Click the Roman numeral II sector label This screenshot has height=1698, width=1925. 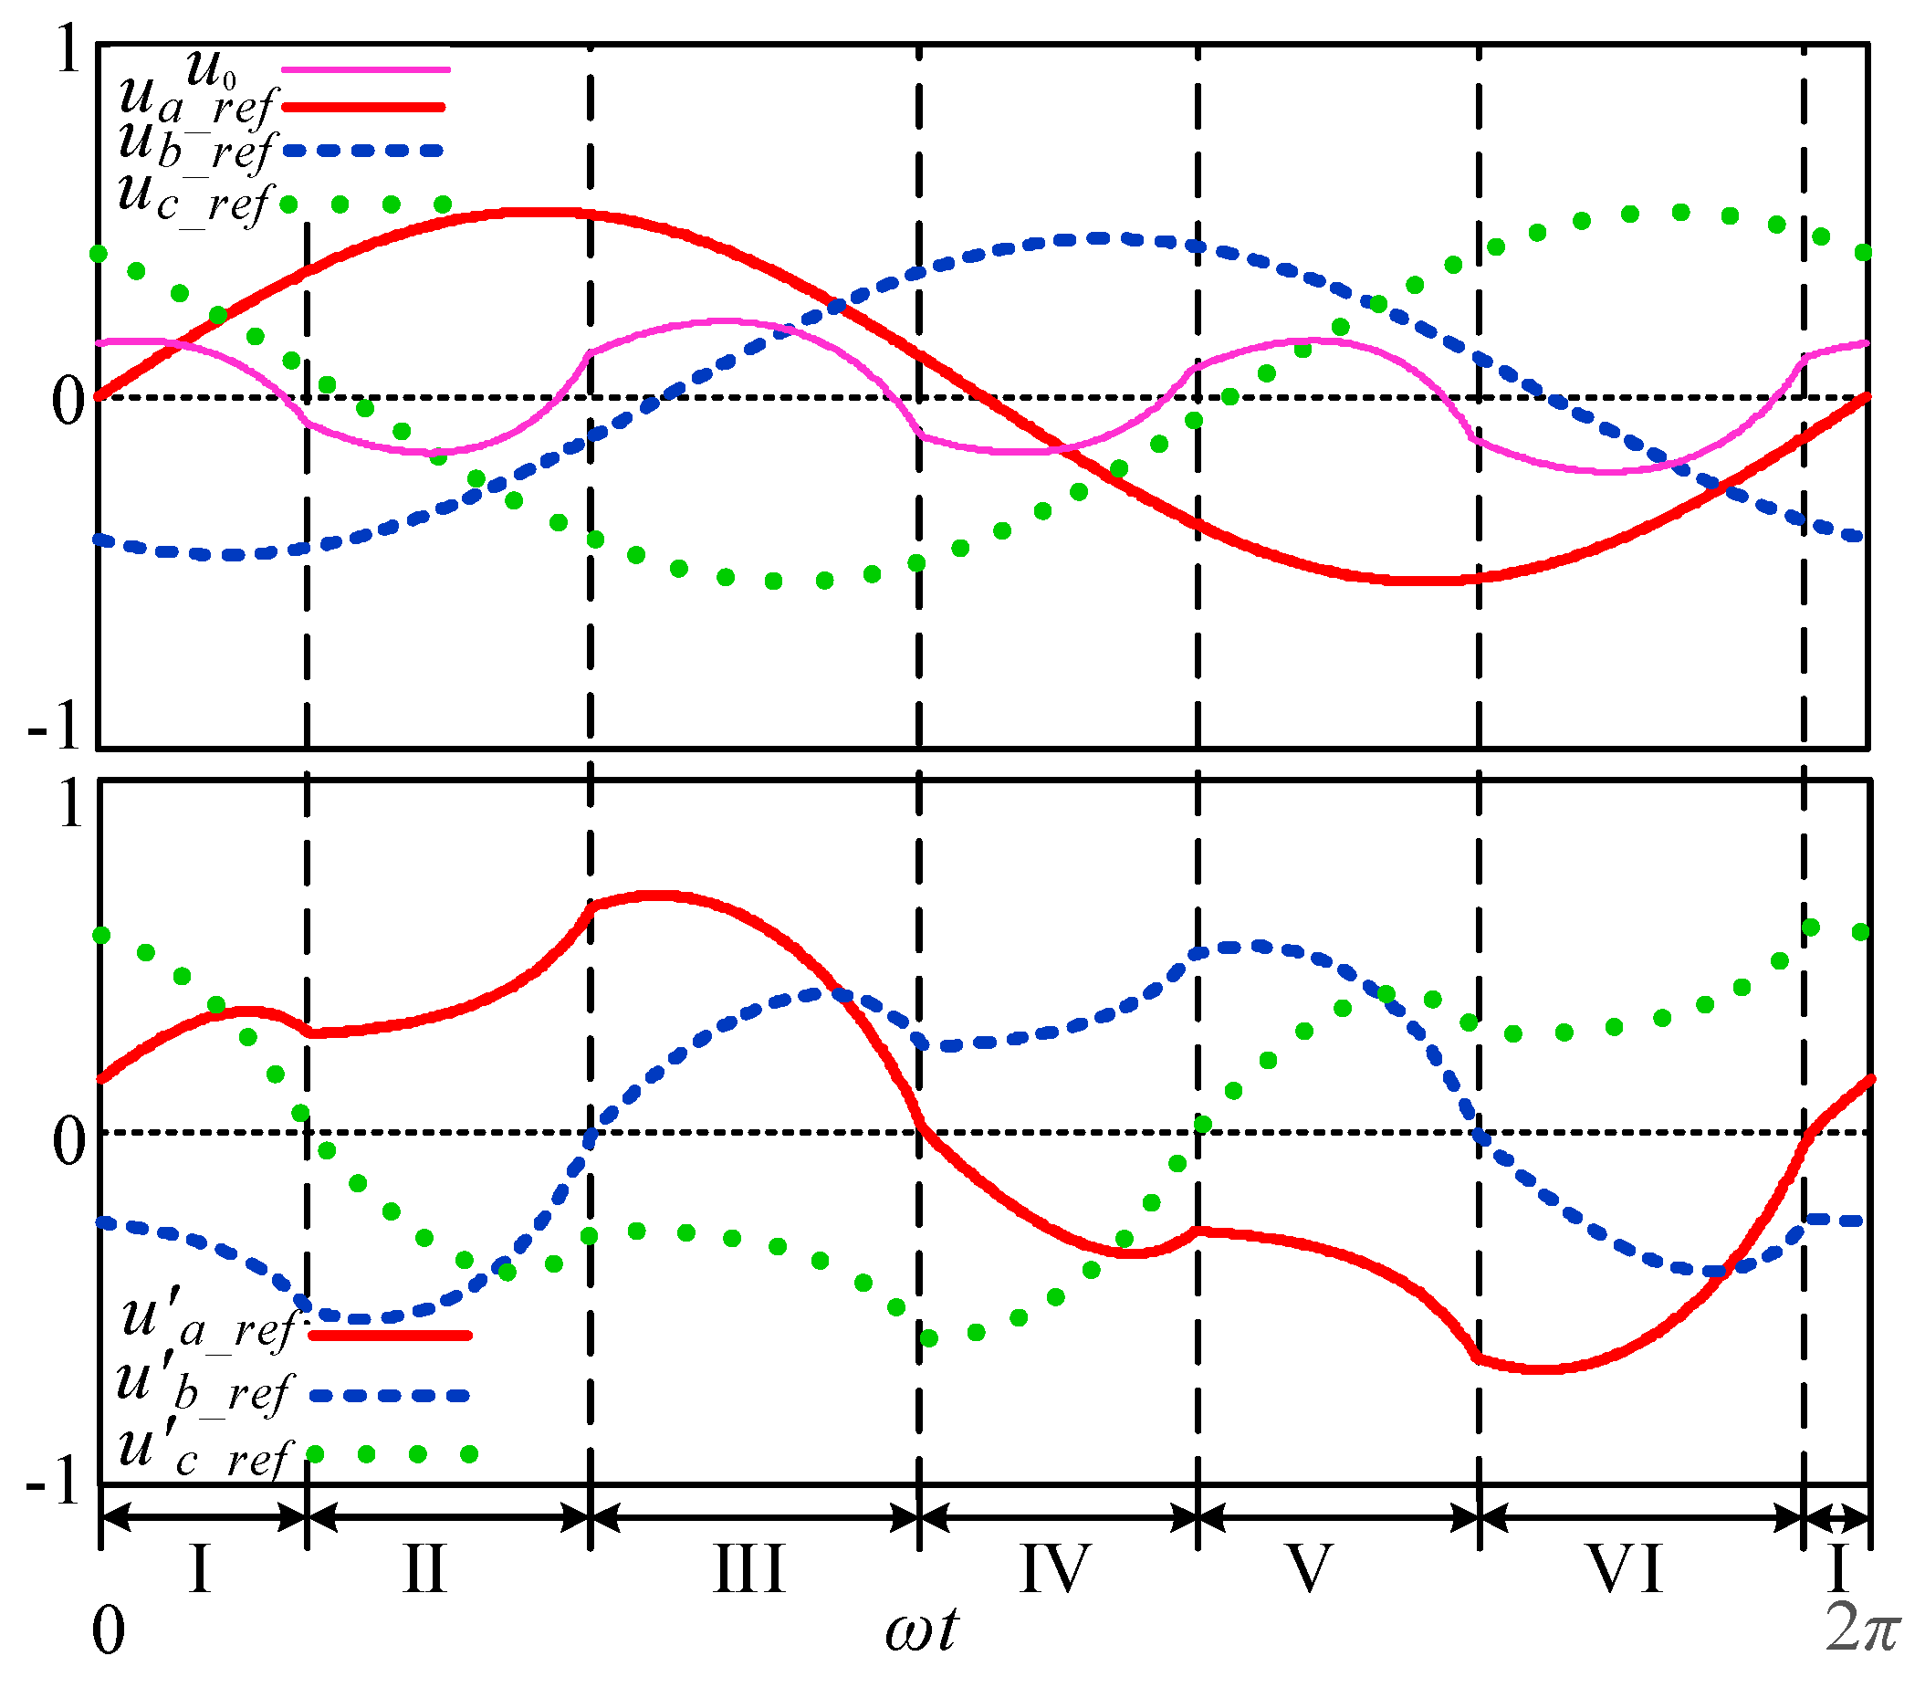click(x=424, y=1569)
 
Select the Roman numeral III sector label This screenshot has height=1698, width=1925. click(x=749, y=1569)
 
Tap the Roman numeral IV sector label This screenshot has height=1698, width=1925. click(x=1055, y=1569)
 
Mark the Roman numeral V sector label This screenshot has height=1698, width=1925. click(x=1309, y=1569)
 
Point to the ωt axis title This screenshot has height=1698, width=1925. click(x=921, y=1630)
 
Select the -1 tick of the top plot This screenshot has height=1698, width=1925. click(x=55, y=727)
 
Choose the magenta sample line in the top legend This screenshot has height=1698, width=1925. click(x=366, y=69)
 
